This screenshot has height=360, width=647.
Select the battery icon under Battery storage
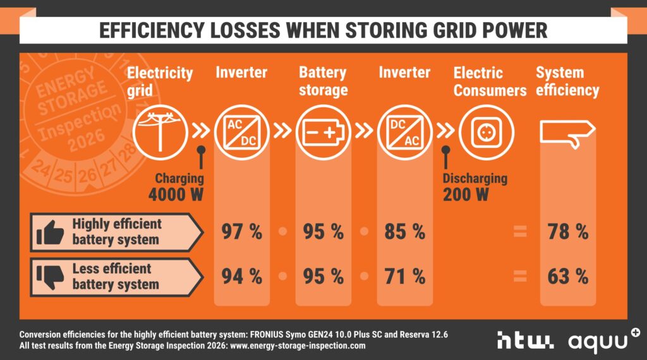pyautogui.click(x=322, y=132)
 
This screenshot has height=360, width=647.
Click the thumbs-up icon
pyautogui.click(x=51, y=232)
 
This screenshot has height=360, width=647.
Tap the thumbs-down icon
pyautogui.click(x=51, y=275)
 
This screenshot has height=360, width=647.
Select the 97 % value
pyautogui.click(x=241, y=232)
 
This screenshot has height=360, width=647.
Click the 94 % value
pyautogui.click(x=241, y=275)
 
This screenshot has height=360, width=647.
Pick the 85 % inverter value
pyautogui.click(x=404, y=232)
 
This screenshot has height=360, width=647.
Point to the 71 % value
pyautogui.click(x=404, y=275)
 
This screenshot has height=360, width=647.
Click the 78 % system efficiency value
pyautogui.click(x=567, y=232)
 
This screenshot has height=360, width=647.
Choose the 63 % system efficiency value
pyautogui.click(x=567, y=275)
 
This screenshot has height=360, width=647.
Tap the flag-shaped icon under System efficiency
pyautogui.click(x=567, y=133)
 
